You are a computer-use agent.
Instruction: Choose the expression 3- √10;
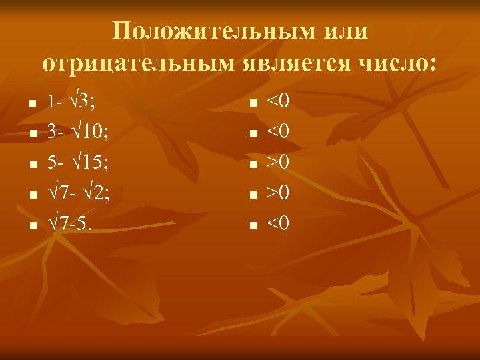coord(78,132)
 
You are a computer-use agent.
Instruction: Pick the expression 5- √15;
coord(78,162)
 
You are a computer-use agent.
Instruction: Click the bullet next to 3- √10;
coord(31,135)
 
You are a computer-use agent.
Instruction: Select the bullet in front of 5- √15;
coord(31,165)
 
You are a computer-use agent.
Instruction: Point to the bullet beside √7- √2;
coord(31,195)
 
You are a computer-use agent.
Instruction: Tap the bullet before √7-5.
coord(31,225)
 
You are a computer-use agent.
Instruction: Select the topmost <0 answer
coord(278,102)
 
